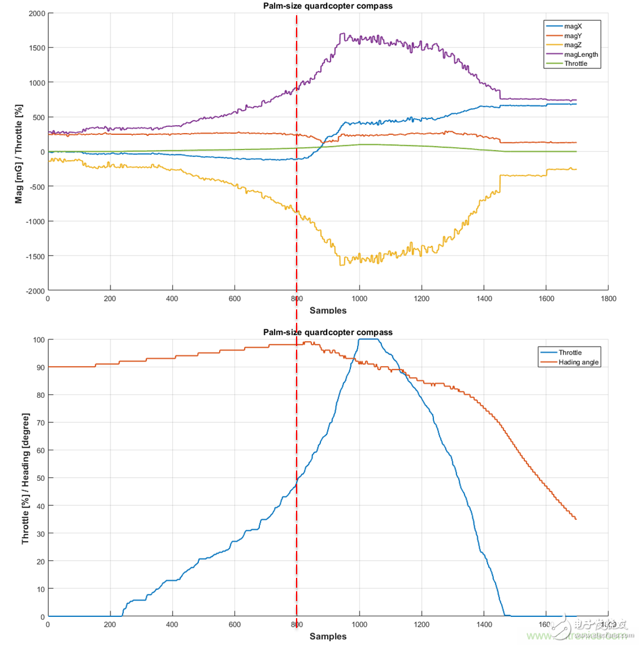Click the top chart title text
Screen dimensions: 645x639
[x=328, y=6]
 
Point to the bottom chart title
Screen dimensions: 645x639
[x=328, y=333]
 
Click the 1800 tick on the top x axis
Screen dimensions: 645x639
[x=608, y=299]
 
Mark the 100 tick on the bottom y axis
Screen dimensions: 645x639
[x=38, y=340]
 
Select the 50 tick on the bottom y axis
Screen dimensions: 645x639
[x=40, y=478]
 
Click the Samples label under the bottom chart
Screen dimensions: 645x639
[x=328, y=636]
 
